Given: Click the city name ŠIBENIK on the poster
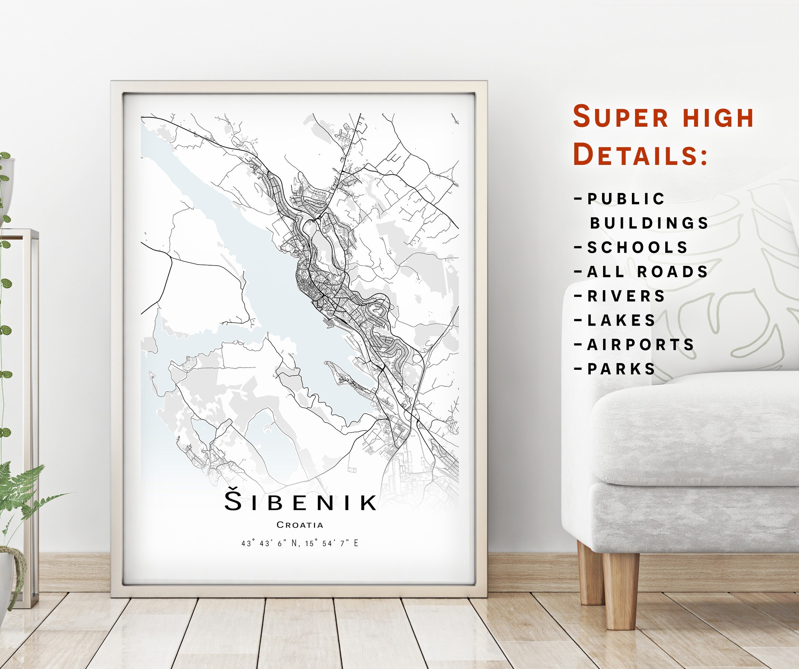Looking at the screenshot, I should [300, 502].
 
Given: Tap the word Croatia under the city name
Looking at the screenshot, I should [300, 525].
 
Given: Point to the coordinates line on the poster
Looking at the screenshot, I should [300, 543].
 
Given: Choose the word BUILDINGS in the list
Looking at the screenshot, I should [649, 223].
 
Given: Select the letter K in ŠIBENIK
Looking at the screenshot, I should [368, 502].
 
